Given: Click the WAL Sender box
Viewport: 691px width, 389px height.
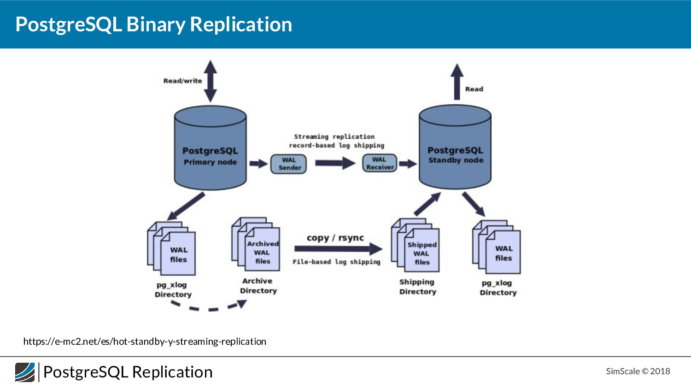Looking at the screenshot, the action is pyautogui.click(x=288, y=164).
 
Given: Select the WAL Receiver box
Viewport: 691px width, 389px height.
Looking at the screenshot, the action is pyautogui.click(x=380, y=163).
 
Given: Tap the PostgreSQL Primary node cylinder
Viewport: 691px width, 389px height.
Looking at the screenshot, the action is pyautogui.click(x=211, y=147).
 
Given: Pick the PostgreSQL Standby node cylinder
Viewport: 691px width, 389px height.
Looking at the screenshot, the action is pyautogui.click(x=455, y=147).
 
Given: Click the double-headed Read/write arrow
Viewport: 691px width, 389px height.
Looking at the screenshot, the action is pyautogui.click(x=211, y=81).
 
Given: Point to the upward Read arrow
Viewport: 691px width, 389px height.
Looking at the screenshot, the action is pyautogui.click(x=457, y=82).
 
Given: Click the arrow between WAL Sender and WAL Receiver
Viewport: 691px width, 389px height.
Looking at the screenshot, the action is pyautogui.click(x=335, y=163).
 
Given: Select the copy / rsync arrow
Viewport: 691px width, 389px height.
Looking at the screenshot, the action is pyautogui.click(x=339, y=249).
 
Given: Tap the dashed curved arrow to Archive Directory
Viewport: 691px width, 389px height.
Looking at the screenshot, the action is pyautogui.click(x=210, y=309).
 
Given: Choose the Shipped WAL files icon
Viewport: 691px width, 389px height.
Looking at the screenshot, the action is pyautogui.click(x=415, y=245).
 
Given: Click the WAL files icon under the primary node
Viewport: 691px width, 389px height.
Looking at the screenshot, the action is pyautogui.click(x=171, y=248).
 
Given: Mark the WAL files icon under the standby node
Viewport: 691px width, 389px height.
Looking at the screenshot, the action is pyautogui.click(x=497, y=247).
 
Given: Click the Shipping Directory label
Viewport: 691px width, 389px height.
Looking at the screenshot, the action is pyautogui.click(x=418, y=287).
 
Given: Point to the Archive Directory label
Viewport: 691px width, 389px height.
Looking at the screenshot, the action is pyautogui.click(x=258, y=286).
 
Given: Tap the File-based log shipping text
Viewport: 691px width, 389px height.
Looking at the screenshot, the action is pyautogui.click(x=336, y=262).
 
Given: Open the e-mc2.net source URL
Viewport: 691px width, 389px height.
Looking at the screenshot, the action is pyautogui.click(x=145, y=342).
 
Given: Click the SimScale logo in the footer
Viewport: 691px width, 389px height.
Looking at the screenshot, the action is pyautogui.click(x=25, y=372).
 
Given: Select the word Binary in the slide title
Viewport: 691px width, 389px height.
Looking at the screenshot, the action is pyautogui.click(x=156, y=24).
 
